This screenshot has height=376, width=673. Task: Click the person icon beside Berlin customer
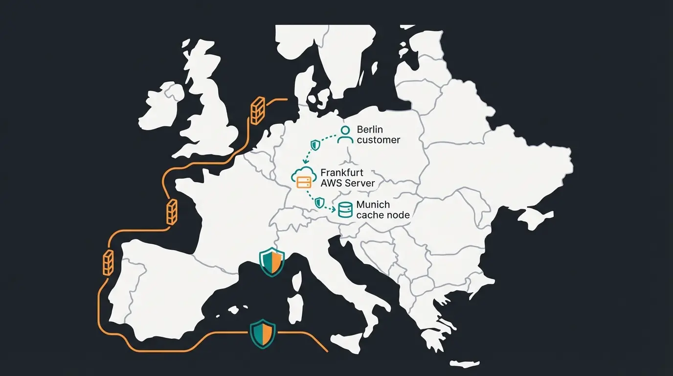[345, 134]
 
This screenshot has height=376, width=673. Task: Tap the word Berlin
[370, 130]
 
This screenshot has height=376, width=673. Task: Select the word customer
[378, 140]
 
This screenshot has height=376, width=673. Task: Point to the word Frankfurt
[342, 173]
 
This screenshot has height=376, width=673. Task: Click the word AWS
[332, 184]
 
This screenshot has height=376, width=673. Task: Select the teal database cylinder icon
[345, 210]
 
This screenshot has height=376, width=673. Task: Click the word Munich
[373, 204]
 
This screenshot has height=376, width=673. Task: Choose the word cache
[369, 215]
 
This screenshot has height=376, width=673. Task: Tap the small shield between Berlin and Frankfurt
[316, 144]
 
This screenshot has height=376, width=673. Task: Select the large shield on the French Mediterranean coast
[272, 261]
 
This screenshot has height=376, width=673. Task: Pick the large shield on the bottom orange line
[263, 334]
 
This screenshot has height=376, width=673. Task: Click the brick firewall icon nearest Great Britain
[257, 110]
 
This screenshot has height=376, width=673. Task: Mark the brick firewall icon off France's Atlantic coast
[172, 212]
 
